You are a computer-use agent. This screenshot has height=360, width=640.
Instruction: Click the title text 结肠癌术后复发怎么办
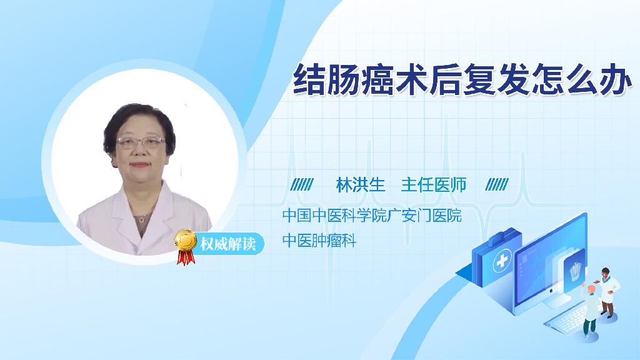coord(462,79)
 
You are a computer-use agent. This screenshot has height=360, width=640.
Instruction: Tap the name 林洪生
coord(361,185)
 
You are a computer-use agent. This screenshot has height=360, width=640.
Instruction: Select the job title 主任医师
coord(434,185)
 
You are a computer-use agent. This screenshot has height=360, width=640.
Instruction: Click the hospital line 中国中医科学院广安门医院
coord(372,215)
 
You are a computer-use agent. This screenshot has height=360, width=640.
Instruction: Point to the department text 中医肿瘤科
coord(319,241)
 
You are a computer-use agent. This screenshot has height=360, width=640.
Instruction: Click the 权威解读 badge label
coord(227,244)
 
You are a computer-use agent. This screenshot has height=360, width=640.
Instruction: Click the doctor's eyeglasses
coord(141,142)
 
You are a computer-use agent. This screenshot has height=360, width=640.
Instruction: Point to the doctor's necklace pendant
coord(141,220)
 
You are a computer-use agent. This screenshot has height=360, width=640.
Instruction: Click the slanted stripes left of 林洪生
coord(302,184)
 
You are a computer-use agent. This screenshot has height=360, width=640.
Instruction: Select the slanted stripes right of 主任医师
coord(497,184)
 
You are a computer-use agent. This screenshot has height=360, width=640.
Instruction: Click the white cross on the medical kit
coord(502,261)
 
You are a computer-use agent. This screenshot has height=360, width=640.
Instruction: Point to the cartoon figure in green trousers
coord(590,309)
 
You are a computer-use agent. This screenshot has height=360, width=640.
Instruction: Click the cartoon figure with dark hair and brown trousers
coord(607,292)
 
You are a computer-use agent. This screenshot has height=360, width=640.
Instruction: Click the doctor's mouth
coord(139,165)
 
